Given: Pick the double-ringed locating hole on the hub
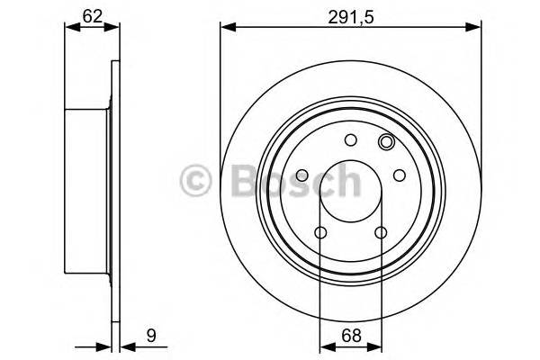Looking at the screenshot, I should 387,141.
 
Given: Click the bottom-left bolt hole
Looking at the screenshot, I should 321,233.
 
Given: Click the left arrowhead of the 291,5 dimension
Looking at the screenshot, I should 226,30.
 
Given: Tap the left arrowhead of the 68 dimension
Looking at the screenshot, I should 326,345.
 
